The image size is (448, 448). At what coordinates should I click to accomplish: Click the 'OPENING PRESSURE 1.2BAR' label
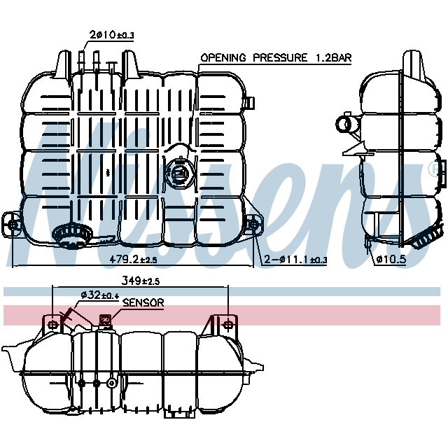276,57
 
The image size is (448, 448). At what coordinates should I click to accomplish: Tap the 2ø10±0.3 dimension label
111,35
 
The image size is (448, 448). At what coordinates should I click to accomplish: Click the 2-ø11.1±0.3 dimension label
295,260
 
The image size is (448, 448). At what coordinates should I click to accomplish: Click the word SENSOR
143,303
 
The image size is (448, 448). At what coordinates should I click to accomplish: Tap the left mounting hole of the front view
13,224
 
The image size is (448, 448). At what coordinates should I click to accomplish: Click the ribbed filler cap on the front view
69,234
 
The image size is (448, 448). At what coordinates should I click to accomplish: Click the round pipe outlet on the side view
345,124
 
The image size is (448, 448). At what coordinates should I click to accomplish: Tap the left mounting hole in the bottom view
53,325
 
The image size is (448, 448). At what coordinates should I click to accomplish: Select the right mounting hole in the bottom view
225,325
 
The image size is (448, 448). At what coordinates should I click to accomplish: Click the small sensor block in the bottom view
106,321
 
